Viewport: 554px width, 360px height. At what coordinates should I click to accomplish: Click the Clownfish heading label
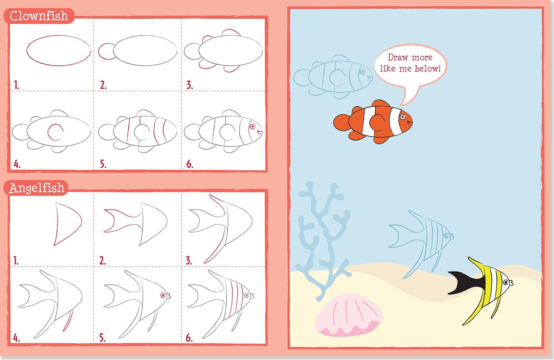click(x=39, y=16)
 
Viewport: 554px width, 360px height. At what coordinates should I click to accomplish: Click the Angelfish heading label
click(x=37, y=188)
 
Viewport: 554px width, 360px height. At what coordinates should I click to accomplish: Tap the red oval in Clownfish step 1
click(x=59, y=51)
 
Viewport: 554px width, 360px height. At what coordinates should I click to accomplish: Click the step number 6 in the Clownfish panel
click(x=189, y=164)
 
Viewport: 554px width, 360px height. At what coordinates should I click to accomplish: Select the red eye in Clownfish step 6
click(x=253, y=126)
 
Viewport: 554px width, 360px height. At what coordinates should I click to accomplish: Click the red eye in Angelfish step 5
click(x=163, y=295)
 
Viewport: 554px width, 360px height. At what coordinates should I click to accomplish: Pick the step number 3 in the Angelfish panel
click(x=189, y=260)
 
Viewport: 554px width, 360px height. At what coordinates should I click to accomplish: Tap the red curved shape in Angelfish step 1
click(x=68, y=224)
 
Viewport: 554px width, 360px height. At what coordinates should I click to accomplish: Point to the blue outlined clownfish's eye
click(x=363, y=72)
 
